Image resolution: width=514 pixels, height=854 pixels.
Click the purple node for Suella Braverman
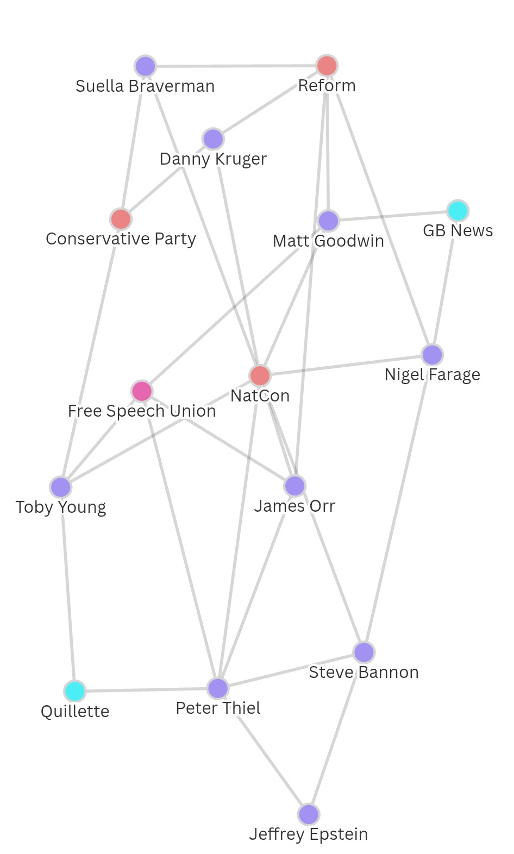[145, 66]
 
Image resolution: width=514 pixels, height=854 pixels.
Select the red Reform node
[327, 66]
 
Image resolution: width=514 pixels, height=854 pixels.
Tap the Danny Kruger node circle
[214, 139]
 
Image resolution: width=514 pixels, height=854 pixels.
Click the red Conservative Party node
[121, 219]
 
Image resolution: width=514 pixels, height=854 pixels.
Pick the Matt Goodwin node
[329, 221]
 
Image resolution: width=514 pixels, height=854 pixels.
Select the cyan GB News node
[458, 211]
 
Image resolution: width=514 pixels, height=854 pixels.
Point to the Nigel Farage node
[432, 355]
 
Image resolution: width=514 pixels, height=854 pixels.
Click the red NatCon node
[260, 375]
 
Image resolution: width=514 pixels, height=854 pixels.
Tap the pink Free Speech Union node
[142, 391]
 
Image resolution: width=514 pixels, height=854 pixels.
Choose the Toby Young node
[61, 487]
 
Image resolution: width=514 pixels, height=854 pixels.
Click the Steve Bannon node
[364, 652]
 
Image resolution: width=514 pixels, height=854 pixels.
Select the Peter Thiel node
[218, 688]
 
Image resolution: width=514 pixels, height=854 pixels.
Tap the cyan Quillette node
[74, 691]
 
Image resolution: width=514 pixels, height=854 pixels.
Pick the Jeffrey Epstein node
[309, 814]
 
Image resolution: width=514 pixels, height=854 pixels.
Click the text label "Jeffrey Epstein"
[309, 834]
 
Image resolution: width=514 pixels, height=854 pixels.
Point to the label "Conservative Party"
[121, 239]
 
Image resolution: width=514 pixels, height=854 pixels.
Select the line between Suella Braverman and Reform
[236, 66]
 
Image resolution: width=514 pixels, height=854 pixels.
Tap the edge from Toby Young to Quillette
[68, 589]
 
